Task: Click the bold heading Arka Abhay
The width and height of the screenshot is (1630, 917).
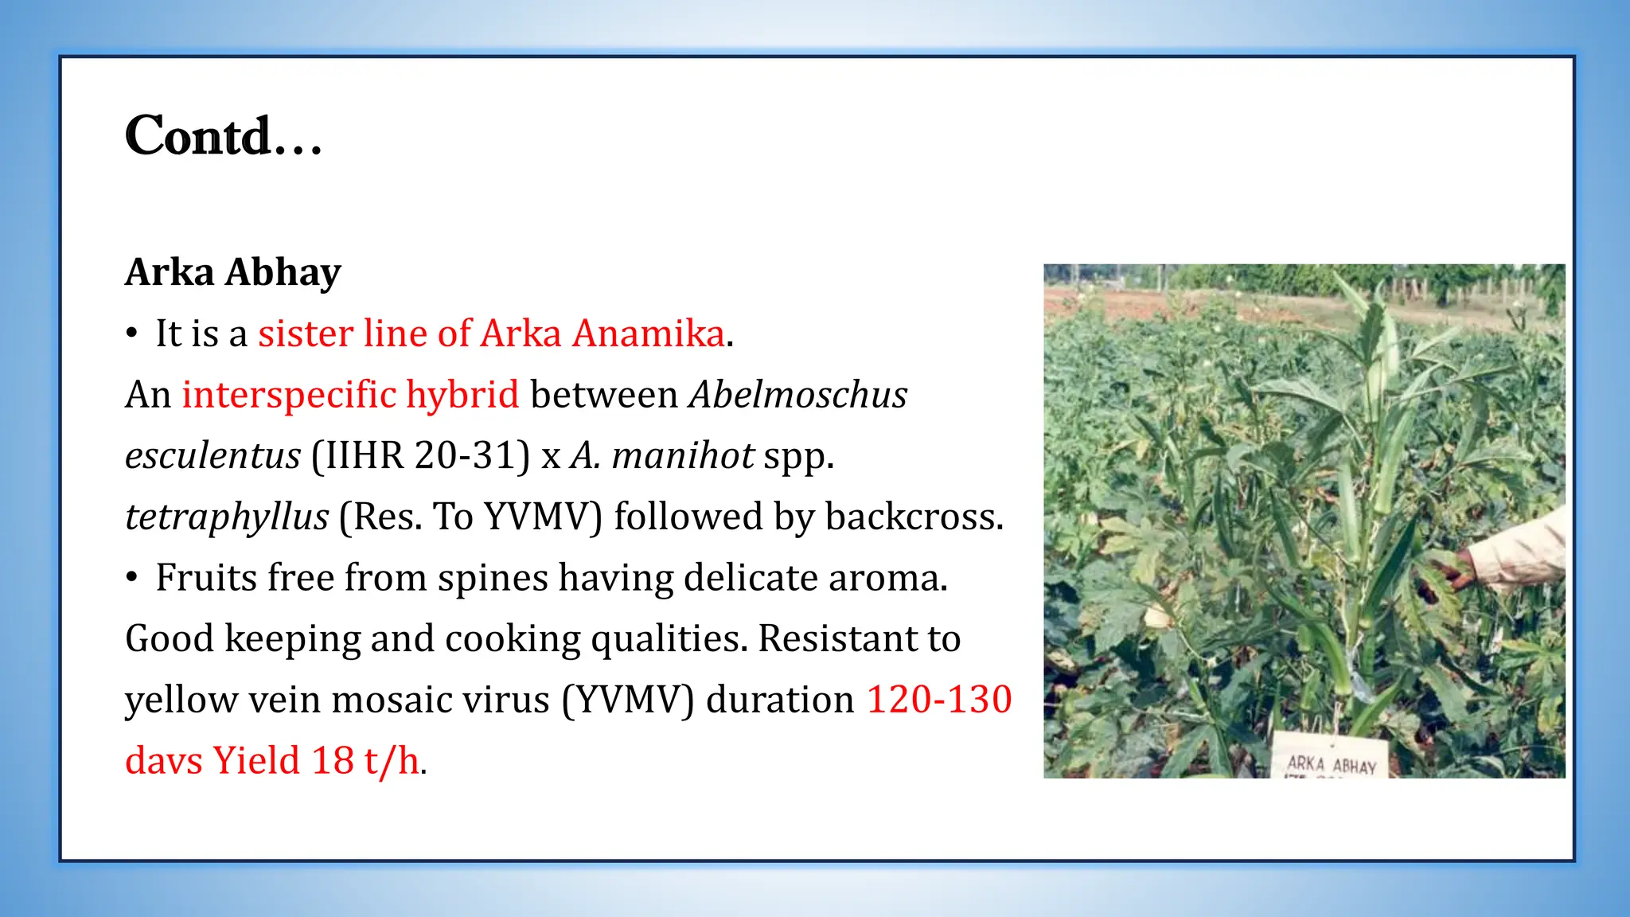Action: click(233, 272)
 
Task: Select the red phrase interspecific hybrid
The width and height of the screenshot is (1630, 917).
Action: click(350, 394)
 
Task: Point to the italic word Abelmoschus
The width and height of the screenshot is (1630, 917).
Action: click(798, 394)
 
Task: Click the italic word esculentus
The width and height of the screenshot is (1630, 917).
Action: click(213, 455)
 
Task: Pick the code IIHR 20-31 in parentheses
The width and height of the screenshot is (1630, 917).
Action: click(420, 455)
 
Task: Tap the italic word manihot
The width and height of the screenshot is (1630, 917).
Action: click(683, 455)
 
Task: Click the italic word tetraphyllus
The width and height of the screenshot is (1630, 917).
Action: click(227, 517)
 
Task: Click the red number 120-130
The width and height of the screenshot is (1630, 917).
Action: click(939, 700)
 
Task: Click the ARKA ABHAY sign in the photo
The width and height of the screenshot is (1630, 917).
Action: click(1331, 762)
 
